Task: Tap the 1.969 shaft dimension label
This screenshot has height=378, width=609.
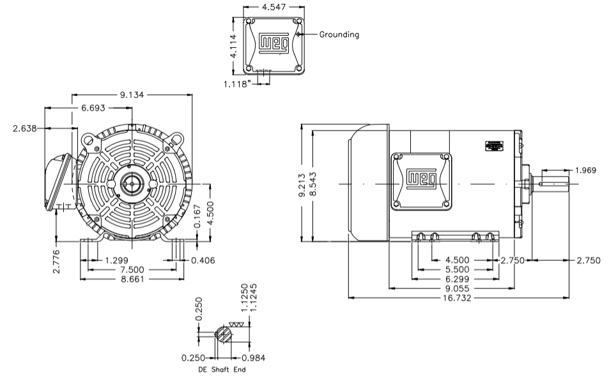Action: pos(586,170)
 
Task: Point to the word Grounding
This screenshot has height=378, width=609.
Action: pos(339,35)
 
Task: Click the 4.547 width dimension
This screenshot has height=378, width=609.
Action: pos(274,8)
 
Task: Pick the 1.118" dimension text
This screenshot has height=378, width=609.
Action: pos(238,83)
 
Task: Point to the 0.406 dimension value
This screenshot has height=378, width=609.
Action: pos(203,260)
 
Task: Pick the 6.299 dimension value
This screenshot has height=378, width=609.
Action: pos(456,279)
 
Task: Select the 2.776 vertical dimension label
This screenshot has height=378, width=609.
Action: pos(56,262)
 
